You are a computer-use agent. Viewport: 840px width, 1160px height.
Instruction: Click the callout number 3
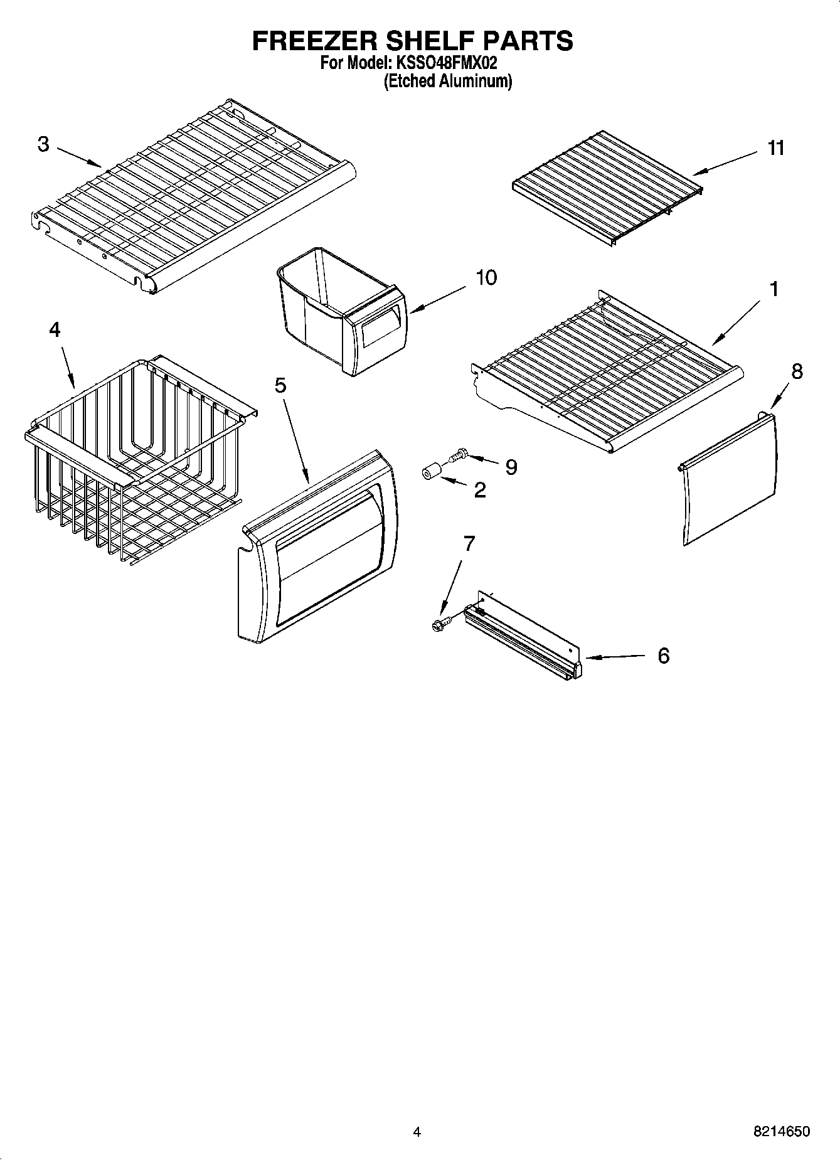[x=43, y=144]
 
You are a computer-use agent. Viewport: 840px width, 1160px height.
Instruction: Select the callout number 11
[x=776, y=148]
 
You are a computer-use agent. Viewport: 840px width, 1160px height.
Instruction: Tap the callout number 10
[x=486, y=277]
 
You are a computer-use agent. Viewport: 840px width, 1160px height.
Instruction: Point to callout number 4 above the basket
[x=55, y=329]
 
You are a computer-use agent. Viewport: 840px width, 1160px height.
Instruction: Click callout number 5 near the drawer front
[x=280, y=385]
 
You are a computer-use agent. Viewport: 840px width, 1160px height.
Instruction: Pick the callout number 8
[x=796, y=371]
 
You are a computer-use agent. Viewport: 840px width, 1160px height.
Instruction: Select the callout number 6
[x=663, y=656]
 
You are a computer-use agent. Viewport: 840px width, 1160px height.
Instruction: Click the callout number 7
[x=469, y=543]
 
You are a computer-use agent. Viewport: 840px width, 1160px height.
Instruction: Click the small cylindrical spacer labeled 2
[x=430, y=472]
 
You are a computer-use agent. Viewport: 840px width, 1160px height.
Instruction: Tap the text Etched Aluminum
[x=447, y=81]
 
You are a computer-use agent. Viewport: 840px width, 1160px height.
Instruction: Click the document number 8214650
[x=781, y=1132]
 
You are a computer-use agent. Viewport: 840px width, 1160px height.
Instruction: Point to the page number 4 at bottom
[x=417, y=1132]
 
